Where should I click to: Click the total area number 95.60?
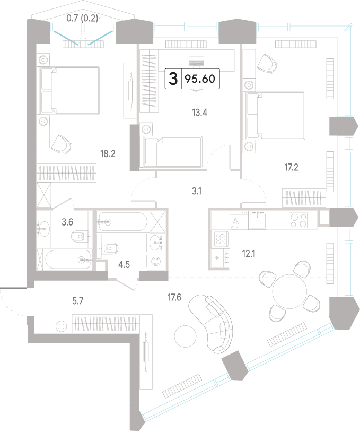(x=200, y=79)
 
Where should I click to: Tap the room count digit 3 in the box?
(x=173, y=79)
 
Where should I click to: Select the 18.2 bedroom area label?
(x=108, y=154)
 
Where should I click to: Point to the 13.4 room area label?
(x=199, y=113)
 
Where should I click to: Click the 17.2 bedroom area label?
(x=291, y=167)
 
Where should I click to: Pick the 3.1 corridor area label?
(x=197, y=191)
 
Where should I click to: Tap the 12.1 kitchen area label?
(x=249, y=254)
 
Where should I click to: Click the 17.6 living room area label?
(x=174, y=297)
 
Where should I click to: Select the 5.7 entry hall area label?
(x=77, y=301)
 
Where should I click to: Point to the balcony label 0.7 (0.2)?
(x=82, y=18)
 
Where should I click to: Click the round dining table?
(x=289, y=291)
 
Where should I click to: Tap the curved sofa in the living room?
(x=210, y=323)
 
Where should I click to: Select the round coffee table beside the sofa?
(x=186, y=336)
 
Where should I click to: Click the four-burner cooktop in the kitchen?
(x=298, y=220)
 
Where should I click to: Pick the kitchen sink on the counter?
(x=258, y=220)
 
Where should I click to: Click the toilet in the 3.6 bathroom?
(x=80, y=236)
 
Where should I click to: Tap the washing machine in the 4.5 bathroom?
(x=156, y=261)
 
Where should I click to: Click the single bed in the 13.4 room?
(x=171, y=152)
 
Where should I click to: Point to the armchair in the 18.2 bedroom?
(x=62, y=144)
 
